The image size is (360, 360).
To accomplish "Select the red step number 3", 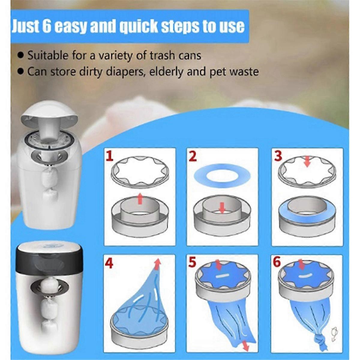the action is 278,156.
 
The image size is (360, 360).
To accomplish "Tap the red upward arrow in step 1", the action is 140,199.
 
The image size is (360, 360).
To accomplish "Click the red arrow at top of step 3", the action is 307,161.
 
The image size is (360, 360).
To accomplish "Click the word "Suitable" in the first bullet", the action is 48,56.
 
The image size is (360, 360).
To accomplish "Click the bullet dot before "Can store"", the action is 22,72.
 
